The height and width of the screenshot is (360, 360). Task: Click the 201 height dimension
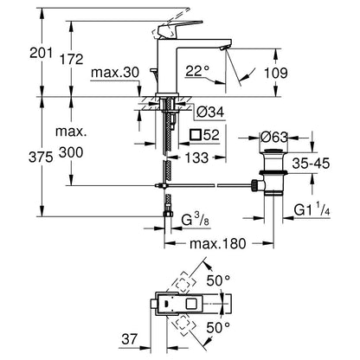pyautogui.click(x=42, y=54)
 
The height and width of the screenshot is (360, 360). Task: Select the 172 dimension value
pyautogui.click(x=71, y=59)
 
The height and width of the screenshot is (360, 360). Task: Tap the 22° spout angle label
pyautogui.click(x=197, y=71)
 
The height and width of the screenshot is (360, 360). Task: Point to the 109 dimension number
pyautogui.click(x=276, y=73)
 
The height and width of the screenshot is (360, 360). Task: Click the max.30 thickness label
pyautogui.click(x=115, y=73)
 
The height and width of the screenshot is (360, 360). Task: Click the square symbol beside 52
pyautogui.click(x=196, y=134)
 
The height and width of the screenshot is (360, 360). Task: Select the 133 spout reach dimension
pyautogui.click(x=196, y=157)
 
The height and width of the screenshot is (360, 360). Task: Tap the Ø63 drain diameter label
pyautogui.click(x=274, y=138)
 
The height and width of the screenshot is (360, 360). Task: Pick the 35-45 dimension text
pyautogui.click(x=311, y=164)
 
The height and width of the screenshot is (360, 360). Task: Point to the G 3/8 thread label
pyautogui.click(x=195, y=221)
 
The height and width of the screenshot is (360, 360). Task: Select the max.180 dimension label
pyautogui.click(x=218, y=244)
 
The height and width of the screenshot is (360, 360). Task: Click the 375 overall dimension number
pyautogui.click(x=41, y=157)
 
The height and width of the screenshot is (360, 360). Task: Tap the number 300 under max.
pyautogui.click(x=71, y=152)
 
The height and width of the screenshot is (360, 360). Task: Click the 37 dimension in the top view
pyautogui.click(x=129, y=339)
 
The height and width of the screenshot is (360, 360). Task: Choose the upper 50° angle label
pyautogui.click(x=218, y=280)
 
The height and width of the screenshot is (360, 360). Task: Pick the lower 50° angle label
pyautogui.click(x=218, y=327)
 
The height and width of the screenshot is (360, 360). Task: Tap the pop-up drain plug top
pyautogui.click(x=273, y=151)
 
